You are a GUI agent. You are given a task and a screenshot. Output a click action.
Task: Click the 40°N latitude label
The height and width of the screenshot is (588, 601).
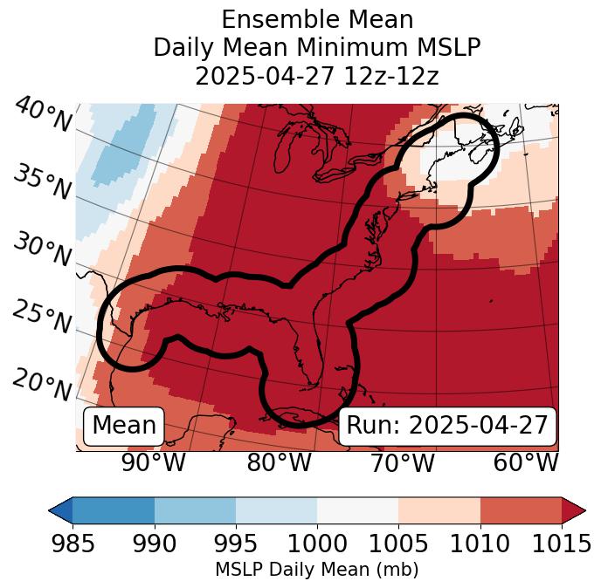click(x=42, y=115)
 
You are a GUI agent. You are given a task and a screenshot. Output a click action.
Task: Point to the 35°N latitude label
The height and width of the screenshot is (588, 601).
click(x=42, y=181)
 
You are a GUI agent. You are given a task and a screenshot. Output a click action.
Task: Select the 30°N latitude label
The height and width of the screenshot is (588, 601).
click(x=42, y=250)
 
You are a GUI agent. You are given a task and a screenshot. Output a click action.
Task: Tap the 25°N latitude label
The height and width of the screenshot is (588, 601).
click(x=42, y=318)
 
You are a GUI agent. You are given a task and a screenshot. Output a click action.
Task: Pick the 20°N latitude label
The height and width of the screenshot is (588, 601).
click(x=42, y=385)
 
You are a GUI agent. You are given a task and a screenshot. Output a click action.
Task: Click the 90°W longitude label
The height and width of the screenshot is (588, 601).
click(x=154, y=462)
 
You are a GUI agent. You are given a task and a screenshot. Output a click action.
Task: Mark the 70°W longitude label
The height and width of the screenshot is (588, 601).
click(x=402, y=462)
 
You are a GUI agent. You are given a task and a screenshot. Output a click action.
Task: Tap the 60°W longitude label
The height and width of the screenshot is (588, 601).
click(x=526, y=462)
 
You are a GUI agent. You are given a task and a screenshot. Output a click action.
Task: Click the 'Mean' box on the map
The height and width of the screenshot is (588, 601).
click(x=124, y=426)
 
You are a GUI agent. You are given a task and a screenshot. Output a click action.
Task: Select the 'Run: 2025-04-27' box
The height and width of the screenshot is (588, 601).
click(x=447, y=426)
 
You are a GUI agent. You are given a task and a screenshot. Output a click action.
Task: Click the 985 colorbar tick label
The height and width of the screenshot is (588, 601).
click(x=73, y=544)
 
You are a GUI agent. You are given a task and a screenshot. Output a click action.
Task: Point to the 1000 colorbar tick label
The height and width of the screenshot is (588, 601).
click(x=317, y=544)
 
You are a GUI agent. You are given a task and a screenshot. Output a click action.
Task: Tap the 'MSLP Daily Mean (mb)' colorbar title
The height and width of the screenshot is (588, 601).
click(x=317, y=571)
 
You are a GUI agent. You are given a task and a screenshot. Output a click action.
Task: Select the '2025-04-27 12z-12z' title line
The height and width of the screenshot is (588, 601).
click(x=317, y=76)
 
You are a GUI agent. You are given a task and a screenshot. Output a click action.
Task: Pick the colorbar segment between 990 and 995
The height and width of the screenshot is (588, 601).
click(x=195, y=510)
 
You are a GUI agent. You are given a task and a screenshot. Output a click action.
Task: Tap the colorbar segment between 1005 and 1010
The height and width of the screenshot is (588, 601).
click(x=439, y=510)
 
